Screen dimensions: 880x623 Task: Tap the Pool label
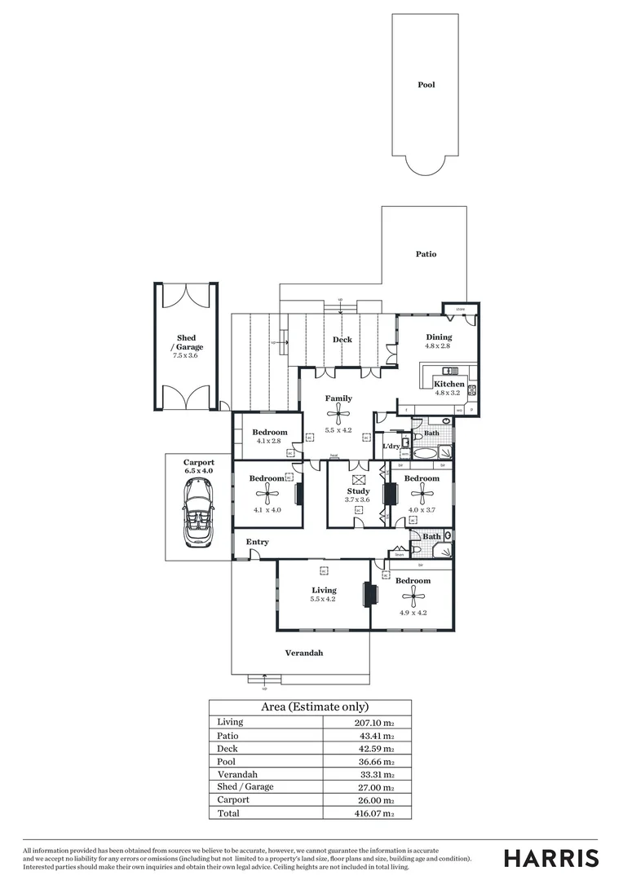[426, 85]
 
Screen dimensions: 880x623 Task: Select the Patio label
[426, 254]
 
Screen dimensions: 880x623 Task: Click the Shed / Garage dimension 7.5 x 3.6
[187, 356]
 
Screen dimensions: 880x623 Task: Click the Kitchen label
[449, 384]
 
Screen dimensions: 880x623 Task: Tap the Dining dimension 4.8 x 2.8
[437, 346]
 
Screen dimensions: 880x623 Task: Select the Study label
[358, 491]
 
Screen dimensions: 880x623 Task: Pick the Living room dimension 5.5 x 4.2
[323, 599]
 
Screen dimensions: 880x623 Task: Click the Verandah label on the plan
[303, 653]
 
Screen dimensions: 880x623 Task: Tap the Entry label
[258, 542]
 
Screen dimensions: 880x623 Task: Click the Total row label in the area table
[228, 813]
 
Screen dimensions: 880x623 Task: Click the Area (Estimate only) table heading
[314, 707]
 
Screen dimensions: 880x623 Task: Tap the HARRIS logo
[551, 858]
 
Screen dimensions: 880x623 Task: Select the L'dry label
[391, 446]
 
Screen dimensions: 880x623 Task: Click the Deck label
[342, 340]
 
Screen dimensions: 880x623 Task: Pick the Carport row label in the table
[233, 800]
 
